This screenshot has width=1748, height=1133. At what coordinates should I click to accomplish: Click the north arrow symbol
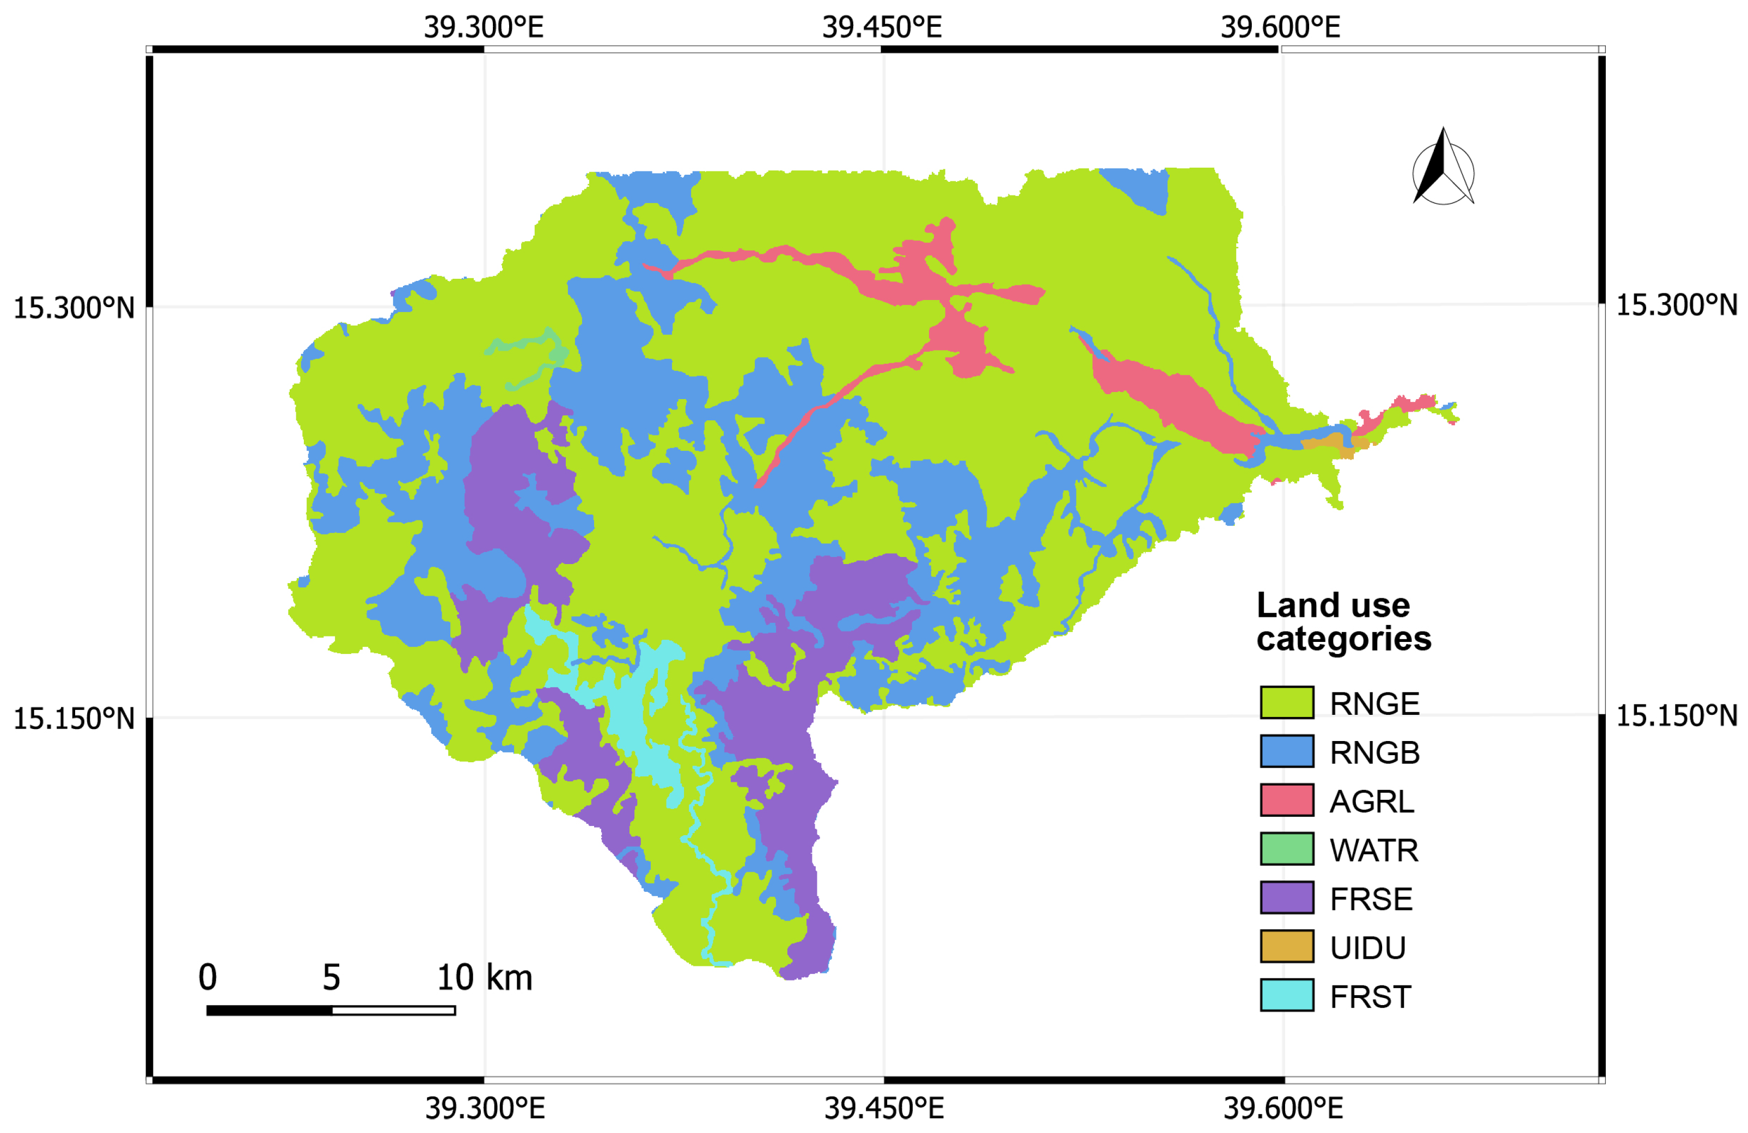[1443, 169]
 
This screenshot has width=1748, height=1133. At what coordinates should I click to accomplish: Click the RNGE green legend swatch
[1287, 703]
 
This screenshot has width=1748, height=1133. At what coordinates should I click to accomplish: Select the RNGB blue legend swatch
[1287, 751]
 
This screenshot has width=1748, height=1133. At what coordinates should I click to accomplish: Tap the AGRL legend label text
[1371, 801]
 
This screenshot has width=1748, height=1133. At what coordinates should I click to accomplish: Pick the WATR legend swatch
[1287, 849]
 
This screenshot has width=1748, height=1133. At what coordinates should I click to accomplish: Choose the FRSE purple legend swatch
[1287, 898]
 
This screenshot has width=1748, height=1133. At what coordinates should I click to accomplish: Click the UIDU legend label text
[1367, 948]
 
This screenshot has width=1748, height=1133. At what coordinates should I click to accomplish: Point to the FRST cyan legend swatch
[1287, 996]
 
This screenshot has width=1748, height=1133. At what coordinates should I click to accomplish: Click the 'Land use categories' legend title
[1342, 622]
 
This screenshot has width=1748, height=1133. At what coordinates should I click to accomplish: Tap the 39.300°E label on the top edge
[483, 28]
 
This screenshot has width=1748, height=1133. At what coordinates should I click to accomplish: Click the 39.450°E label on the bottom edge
[884, 1108]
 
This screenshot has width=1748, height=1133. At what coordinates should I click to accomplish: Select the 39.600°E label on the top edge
[1280, 28]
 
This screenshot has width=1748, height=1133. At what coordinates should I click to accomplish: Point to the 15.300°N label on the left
[74, 308]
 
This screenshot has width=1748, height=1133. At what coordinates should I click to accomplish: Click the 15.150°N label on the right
[1676, 716]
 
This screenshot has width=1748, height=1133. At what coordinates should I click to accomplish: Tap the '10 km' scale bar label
[484, 978]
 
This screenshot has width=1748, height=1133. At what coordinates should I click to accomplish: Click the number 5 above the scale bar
[331, 978]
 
